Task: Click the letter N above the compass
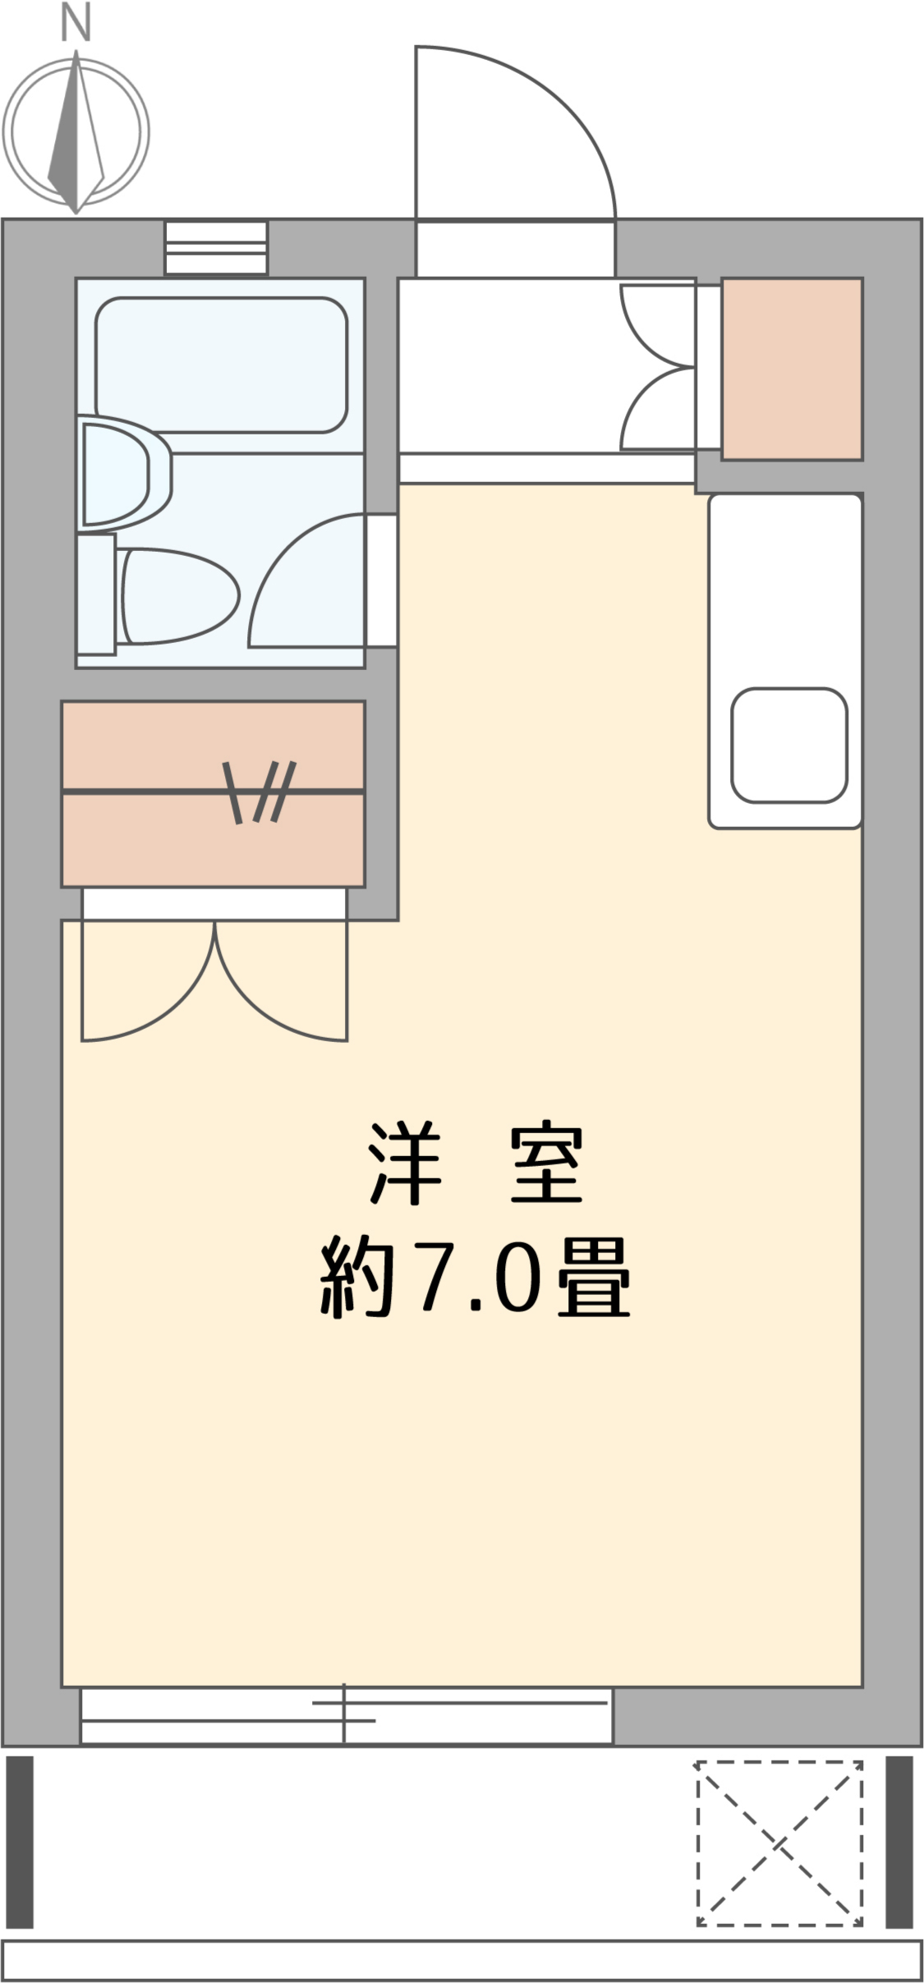pos(76,24)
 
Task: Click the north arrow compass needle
pos(76,131)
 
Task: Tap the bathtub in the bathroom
pos(221,365)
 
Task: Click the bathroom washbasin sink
pos(125,471)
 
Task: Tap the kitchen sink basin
pos(788,745)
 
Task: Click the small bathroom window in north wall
pos(216,247)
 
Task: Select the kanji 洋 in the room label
pos(405,1164)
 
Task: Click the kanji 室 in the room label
pos(545,1164)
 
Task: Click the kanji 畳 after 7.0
pos(593,1278)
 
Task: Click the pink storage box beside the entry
pos(792,369)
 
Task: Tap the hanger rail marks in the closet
pos(260,792)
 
